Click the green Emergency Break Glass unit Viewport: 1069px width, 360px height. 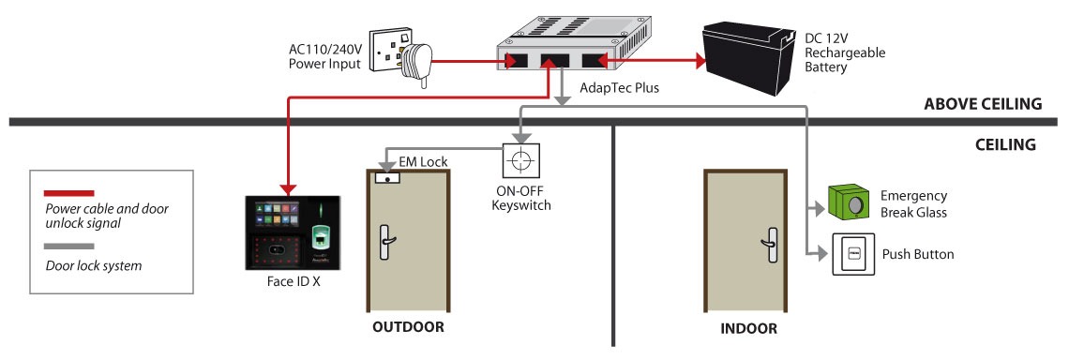click(x=848, y=202)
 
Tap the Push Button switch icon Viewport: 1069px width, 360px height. click(x=853, y=254)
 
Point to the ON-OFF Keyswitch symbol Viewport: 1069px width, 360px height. click(x=520, y=161)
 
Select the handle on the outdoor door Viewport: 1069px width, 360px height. click(x=386, y=241)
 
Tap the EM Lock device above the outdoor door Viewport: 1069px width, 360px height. click(x=386, y=178)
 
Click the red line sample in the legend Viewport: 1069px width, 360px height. click(x=68, y=193)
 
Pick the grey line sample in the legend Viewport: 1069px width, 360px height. click(x=68, y=247)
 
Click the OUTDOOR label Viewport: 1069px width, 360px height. click(x=408, y=326)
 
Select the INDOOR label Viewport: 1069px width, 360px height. click(x=748, y=329)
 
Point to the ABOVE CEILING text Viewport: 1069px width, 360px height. click(x=983, y=104)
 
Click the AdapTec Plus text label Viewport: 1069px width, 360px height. click(x=619, y=88)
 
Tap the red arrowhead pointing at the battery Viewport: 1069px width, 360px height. click(x=699, y=62)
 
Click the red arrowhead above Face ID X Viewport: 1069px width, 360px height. click(x=288, y=188)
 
